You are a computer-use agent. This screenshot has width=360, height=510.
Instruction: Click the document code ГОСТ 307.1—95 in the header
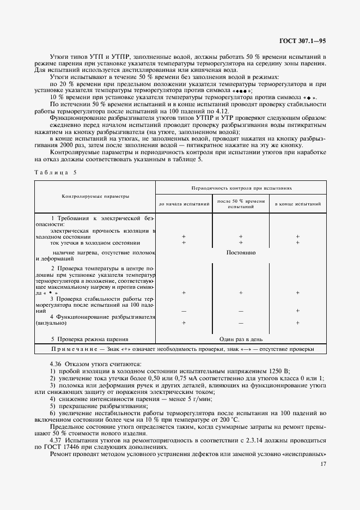point(302,40)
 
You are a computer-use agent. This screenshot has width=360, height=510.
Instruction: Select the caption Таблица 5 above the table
point(56,172)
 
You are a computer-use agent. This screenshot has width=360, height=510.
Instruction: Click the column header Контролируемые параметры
point(95,195)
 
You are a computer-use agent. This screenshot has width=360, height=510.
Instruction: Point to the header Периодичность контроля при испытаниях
point(241,187)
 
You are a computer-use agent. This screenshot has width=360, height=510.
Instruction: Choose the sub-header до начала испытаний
point(184,204)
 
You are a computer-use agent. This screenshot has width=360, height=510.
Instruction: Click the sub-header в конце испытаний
point(297,204)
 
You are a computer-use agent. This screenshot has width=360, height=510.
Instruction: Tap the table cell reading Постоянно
point(241,253)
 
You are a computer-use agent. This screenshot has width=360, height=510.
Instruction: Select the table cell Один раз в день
point(241,338)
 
